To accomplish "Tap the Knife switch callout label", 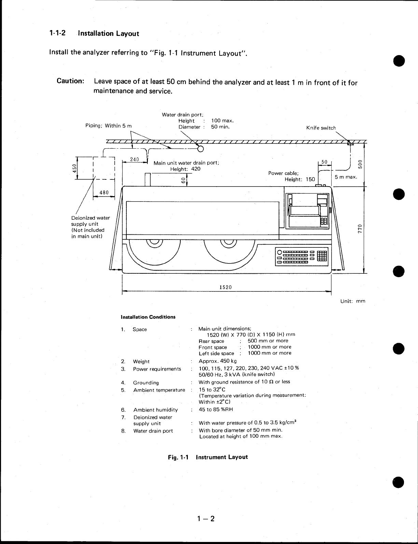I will click(x=321, y=128).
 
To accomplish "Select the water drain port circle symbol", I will click(x=200, y=148).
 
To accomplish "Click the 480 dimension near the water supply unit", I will click(x=104, y=192).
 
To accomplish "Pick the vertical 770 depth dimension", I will click(x=359, y=228).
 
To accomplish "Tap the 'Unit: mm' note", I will click(x=353, y=301).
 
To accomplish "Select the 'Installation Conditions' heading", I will click(x=148, y=317).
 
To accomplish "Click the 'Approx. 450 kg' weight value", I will click(x=218, y=361).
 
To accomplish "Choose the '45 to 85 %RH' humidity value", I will click(x=216, y=409).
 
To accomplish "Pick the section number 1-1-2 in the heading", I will click(x=58, y=33).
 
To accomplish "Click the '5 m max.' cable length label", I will click(x=346, y=177).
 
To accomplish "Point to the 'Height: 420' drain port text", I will click(x=185, y=169).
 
